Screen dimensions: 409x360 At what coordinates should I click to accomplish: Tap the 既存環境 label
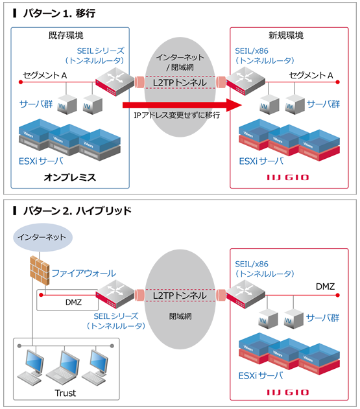pyautogui.click(x=67, y=35)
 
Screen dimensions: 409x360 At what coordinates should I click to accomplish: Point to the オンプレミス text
pyautogui.click(x=70, y=176)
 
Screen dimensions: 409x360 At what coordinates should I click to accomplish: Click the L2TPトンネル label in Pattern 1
pyautogui.click(x=180, y=82)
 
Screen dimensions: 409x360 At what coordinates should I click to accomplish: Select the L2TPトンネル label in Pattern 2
pyautogui.click(x=180, y=295)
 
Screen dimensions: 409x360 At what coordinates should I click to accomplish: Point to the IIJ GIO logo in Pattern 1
pyautogui.click(x=288, y=177)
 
